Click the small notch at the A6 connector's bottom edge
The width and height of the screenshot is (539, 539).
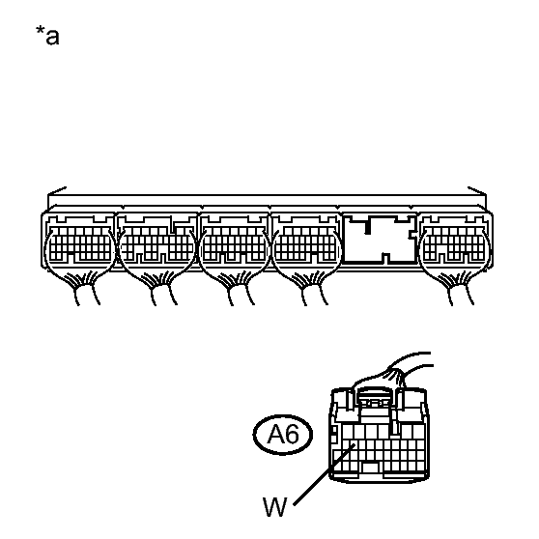point(371,468)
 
